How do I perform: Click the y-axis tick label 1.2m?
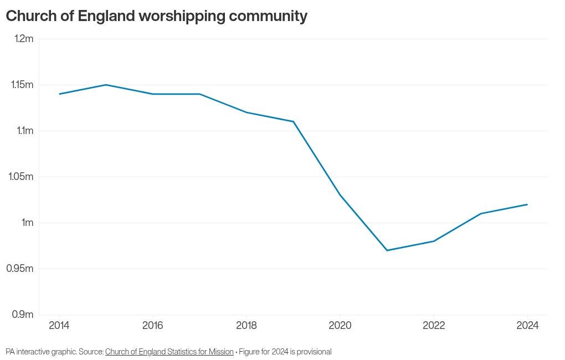coord(24,39)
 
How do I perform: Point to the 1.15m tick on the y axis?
coord(22,85)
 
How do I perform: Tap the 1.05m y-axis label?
coord(21,177)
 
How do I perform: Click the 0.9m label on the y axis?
coord(23,315)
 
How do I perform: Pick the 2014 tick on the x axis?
coord(59,326)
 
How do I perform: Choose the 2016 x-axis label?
coord(152,326)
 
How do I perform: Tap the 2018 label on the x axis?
coord(246,326)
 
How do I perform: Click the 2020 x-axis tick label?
coord(340,326)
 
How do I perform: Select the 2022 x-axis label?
coord(434,326)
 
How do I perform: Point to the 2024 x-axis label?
coord(527,326)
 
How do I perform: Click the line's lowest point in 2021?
coord(387,250)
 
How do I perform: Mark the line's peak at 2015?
coord(106,85)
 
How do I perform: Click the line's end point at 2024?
coord(527,204)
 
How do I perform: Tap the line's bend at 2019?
coord(293,121)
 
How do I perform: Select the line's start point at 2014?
coord(59,94)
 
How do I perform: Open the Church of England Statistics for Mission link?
coord(169,352)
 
